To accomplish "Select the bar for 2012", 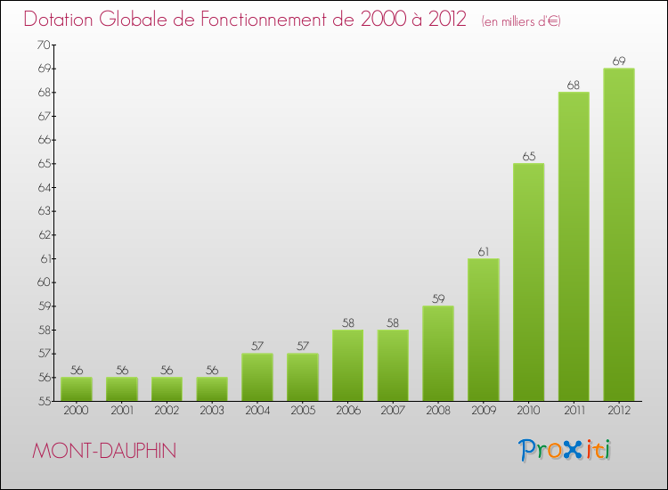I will point(619,234).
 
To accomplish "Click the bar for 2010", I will point(528,282).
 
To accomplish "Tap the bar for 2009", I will point(483,330).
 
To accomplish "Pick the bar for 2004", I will point(257,377).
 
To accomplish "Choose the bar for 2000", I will point(77,389).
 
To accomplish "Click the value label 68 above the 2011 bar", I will point(574,86).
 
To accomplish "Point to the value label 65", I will point(528,157).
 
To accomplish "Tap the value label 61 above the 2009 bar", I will point(483,252).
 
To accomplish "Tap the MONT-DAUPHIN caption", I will point(103,451).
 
